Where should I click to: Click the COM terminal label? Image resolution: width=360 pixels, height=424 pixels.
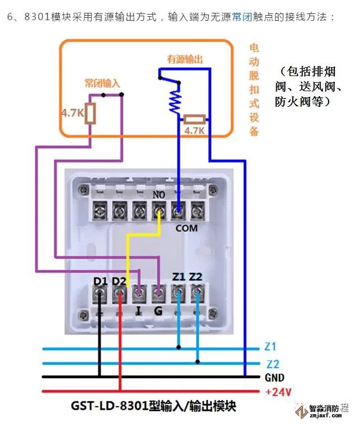point(186,228)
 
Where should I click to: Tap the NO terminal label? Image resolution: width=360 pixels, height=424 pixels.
point(159,195)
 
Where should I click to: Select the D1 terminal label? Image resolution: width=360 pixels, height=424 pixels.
point(100,280)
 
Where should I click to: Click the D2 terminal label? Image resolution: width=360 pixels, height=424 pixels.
point(119,280)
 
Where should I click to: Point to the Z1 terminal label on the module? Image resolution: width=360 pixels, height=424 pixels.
point(179,276)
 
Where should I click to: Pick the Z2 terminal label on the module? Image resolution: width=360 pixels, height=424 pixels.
point(196,276)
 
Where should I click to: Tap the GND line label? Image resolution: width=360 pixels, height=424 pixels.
point(275,377)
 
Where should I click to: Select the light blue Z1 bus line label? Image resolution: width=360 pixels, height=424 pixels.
point(270,347)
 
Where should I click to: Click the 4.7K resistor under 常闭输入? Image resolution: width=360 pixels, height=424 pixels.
point(90,114)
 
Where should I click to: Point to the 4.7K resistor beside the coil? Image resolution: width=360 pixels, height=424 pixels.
point(194,119)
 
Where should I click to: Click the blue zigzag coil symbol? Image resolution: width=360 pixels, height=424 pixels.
point(176,101)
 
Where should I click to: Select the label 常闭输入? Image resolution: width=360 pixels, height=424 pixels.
point(102,83)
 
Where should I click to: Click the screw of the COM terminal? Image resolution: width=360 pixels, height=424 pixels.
point(177,211)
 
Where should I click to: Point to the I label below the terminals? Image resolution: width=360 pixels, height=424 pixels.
point(138,311)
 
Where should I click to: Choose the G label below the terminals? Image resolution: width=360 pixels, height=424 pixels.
point(158,311)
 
